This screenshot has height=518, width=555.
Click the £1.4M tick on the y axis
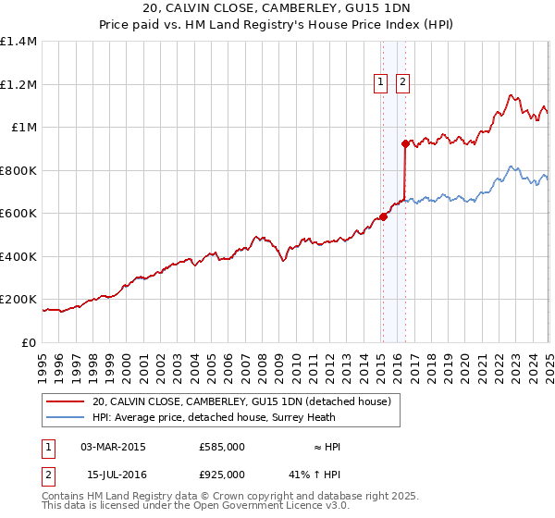(x=20, y=42)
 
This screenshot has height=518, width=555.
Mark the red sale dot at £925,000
(x=405, y=143)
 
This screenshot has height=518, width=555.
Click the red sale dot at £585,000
(x=383, y=216)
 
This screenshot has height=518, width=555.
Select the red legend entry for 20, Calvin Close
(x=242, y=401)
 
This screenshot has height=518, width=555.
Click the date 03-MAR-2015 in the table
(x=113, y=447)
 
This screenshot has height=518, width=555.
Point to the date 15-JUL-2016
(x=113, y=474)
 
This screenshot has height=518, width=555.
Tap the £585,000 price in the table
(x=222, y=447)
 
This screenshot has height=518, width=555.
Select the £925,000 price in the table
(x=222, y=474)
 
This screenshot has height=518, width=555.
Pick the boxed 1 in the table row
(x=48, y=447)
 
